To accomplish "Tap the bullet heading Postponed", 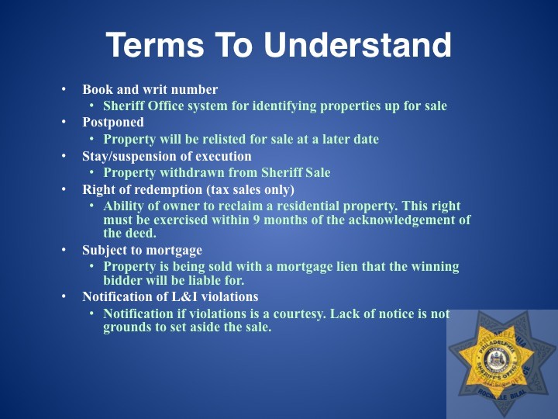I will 113,123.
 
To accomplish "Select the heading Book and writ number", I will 150,89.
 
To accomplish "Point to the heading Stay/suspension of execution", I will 167,156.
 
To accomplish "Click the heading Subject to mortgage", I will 142,250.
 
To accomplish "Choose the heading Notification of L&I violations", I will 170,296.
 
